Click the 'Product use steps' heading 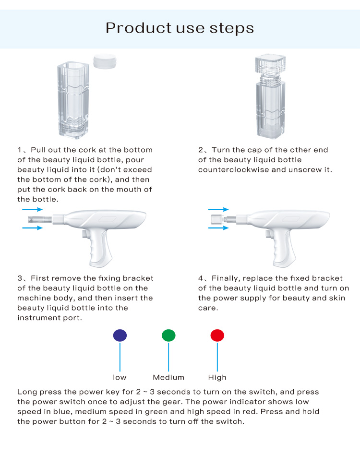(x=180, y=27)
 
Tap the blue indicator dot (x=120, y=335)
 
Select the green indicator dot (x=168, y=335)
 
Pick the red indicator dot (x=217, y=335)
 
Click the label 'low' (x=120, y=377)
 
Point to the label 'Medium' (x=168, y=377)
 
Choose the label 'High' (x=217, y=377)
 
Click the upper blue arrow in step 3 (x=32, y=210)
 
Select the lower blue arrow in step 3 (x=32, y=228)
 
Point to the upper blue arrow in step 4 (x=218, y=210)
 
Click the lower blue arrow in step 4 (x=218, y=228)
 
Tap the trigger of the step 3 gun (x=85, y=235)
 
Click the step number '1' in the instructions (x=20, y=150)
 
